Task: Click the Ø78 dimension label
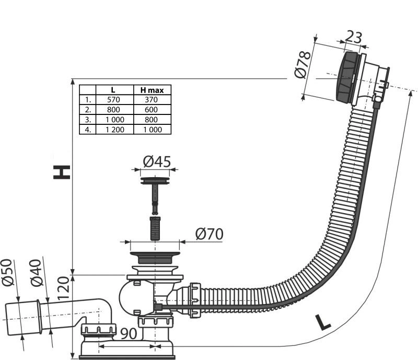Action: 303,65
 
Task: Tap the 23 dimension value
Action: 354,37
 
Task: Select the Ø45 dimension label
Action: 157,161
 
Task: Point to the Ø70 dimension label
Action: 210,234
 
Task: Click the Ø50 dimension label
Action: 8,272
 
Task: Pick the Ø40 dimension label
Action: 37,273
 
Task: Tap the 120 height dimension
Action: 63,288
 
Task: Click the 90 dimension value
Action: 129,333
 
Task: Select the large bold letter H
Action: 62,172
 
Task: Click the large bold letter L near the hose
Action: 323,322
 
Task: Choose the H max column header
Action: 152,90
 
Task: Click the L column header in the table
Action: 113,90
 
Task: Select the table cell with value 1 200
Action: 115,130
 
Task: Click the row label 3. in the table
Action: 88,120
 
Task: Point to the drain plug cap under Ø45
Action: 155,181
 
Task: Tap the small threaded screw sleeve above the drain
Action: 155,228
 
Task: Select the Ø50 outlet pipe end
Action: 23,318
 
